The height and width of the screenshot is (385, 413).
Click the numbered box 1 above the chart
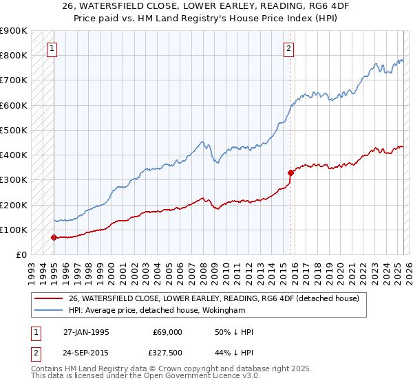click(x=53, y=48)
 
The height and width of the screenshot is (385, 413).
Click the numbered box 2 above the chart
click(x=288, y=48)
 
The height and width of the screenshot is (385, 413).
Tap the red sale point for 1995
click(x=54, y=237)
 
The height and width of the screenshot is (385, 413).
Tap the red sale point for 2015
click(x=290, y=173)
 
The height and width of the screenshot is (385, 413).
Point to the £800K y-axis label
click(x=13, y=56)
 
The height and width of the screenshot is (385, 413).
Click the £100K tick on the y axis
click(x=13, y=230)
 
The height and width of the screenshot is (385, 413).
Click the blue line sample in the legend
click(x=49, y=310)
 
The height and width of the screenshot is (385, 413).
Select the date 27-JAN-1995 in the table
click(x=86, y=332)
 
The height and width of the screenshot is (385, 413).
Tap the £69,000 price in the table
click(x=168, y=332)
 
